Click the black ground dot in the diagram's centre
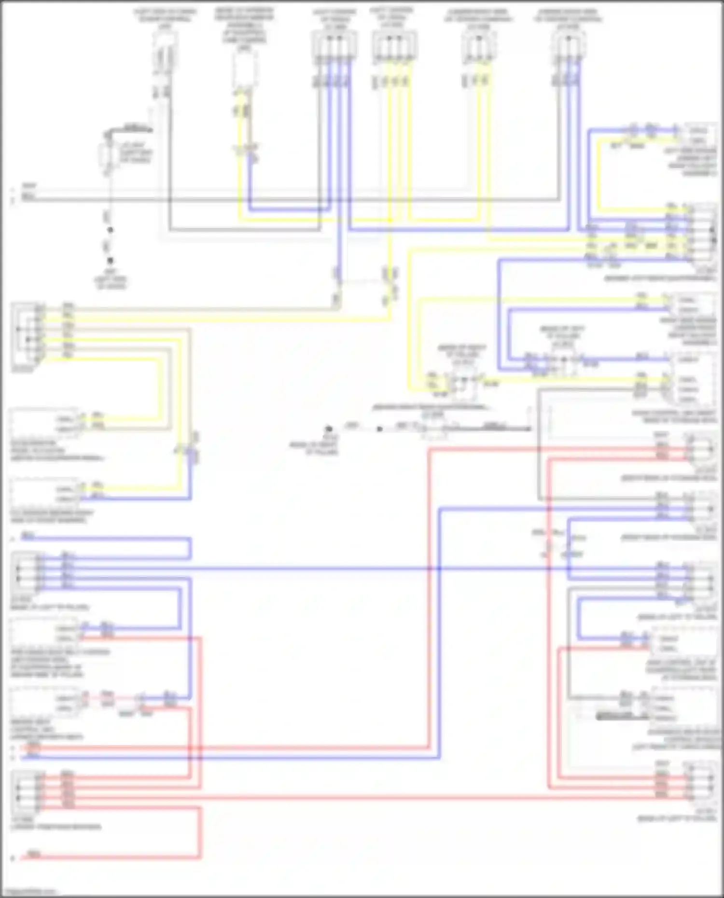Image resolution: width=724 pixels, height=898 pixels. (x=329, y=428)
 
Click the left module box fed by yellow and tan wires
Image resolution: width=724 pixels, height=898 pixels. (x=43, y=423)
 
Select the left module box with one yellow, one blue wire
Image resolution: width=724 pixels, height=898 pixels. (x=43, y=492)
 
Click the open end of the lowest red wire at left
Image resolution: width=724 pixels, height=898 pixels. (x=13, y=858)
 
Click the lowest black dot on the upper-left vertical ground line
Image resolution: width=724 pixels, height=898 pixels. (x=110, y=261)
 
